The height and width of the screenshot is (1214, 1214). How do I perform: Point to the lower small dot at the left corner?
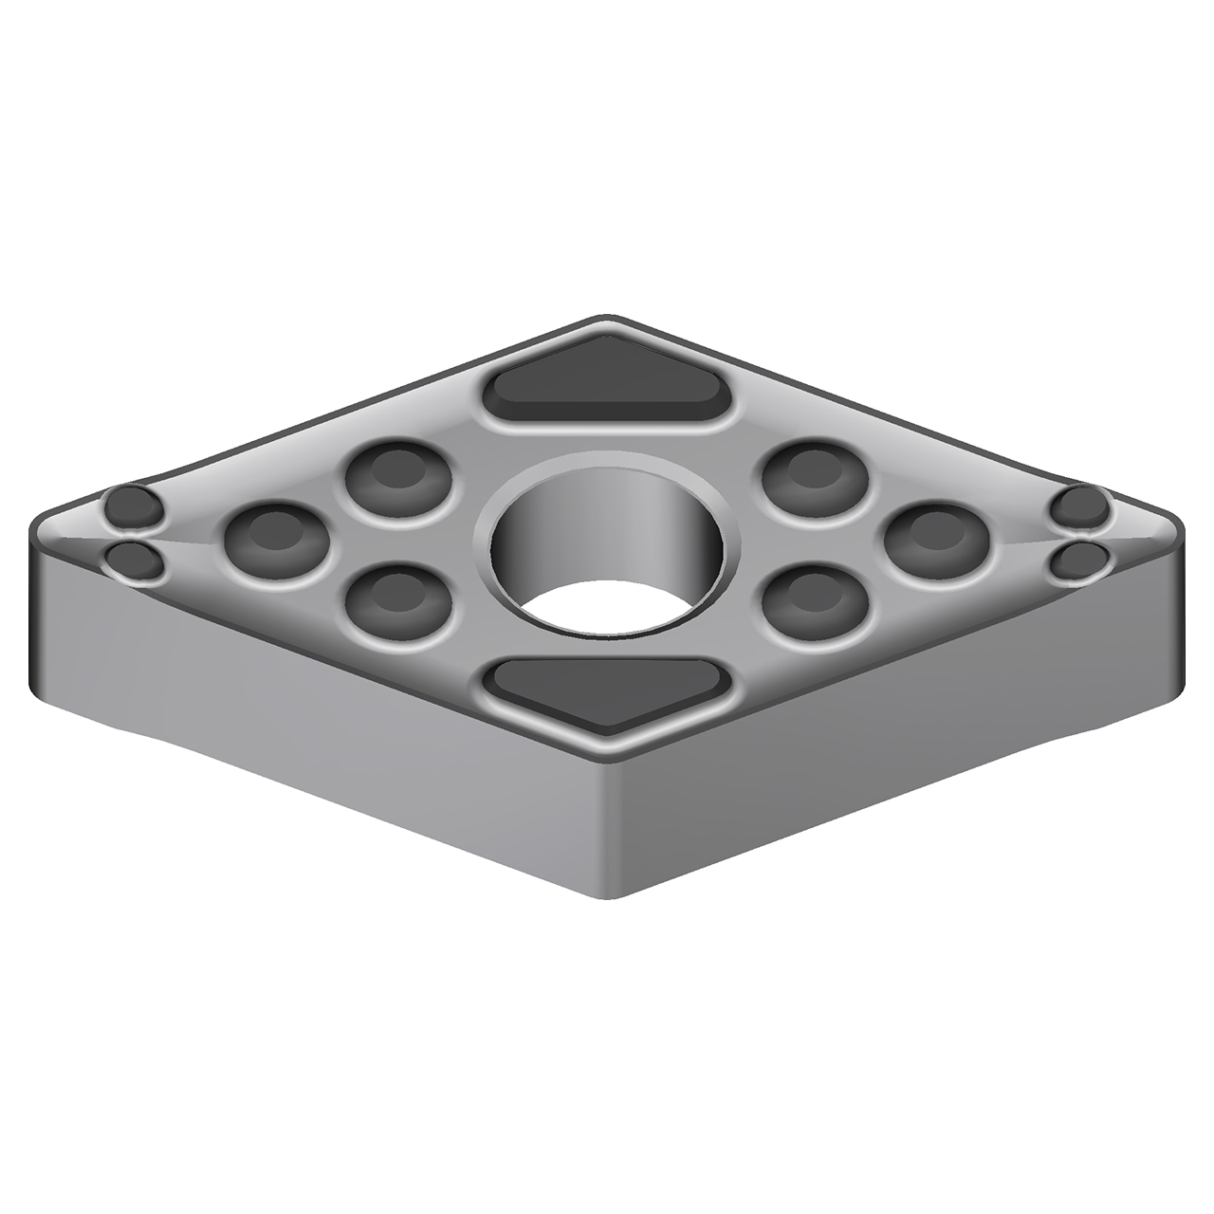pos(133,561)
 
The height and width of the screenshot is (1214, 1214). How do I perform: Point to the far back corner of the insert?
pos(607,318)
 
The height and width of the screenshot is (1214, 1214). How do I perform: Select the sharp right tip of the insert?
pos(1182,531)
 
